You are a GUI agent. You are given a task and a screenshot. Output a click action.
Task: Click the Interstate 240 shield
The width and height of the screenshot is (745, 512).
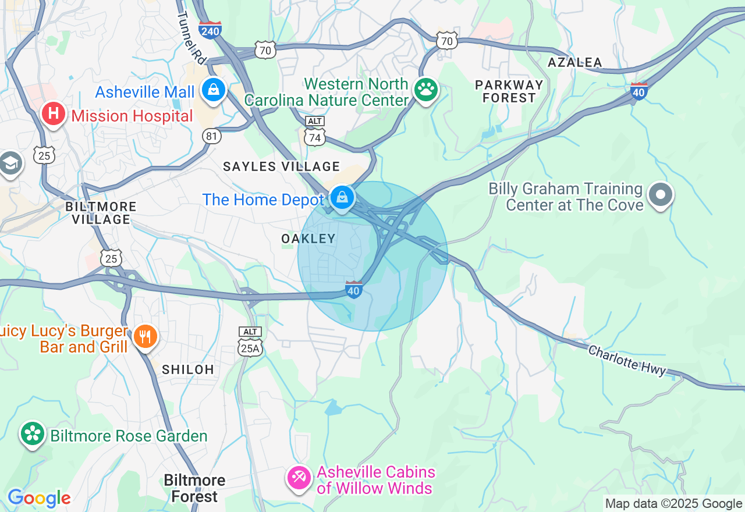(210, 29)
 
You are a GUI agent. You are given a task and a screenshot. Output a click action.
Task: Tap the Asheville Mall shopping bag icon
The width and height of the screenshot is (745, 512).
(214, 90)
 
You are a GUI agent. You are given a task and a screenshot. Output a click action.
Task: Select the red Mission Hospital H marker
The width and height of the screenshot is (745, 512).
(53, 113)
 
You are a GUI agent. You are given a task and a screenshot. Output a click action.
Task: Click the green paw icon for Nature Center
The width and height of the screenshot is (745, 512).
(426, 90)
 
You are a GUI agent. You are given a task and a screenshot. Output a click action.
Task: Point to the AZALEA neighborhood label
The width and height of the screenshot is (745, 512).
(575, 62)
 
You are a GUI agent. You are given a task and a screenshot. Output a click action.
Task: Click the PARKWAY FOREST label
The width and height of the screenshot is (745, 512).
(509, 91)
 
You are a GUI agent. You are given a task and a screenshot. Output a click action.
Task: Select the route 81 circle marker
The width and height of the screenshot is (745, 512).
(212, 136)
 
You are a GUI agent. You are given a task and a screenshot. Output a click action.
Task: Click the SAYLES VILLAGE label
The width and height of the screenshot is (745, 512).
(282, 167)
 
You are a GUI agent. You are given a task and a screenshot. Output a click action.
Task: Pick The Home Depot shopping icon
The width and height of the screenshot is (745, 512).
(342, 198)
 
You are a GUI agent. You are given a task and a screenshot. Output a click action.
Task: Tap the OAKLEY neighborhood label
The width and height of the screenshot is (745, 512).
(308, 239)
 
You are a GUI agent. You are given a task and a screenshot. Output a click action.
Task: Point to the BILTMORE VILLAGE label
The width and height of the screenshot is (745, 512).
(101, 213)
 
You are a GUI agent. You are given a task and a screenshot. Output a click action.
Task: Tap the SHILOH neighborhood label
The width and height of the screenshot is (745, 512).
(188, 369)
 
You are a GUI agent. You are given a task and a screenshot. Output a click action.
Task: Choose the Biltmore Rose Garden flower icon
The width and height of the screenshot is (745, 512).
(33, 433)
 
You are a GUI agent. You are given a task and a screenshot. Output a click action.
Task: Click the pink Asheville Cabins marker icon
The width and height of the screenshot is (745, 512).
(299, 478)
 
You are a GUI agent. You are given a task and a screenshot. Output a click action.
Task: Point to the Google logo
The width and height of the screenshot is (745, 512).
(39, 498)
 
